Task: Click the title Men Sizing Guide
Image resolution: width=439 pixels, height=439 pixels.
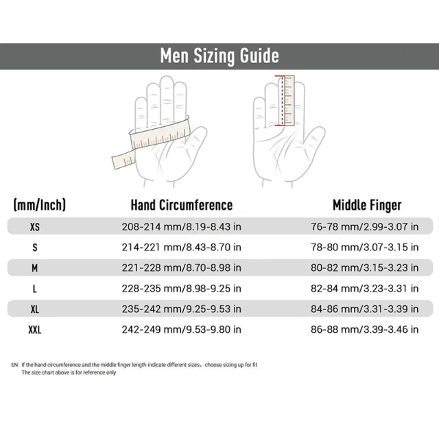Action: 219,56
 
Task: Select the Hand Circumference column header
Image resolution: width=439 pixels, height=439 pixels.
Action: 182,205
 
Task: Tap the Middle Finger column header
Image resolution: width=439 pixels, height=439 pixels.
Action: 367,205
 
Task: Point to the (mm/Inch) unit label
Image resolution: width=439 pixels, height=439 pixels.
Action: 40,205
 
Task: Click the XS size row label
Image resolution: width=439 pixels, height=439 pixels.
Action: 35,226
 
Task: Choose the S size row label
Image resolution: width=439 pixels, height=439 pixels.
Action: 35,247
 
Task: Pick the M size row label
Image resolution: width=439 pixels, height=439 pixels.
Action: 35,268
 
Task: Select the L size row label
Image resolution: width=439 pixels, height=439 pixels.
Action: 35,288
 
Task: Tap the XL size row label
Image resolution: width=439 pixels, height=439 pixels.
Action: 35,309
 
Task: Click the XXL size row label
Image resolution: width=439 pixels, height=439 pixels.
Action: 35,329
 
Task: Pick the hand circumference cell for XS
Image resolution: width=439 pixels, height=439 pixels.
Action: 181,226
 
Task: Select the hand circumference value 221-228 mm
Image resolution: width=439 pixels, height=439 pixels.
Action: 181,268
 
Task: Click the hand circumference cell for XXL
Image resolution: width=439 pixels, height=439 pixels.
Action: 181,329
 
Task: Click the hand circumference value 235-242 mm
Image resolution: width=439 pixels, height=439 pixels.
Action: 181,309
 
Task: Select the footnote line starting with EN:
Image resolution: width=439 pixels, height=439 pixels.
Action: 134,364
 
